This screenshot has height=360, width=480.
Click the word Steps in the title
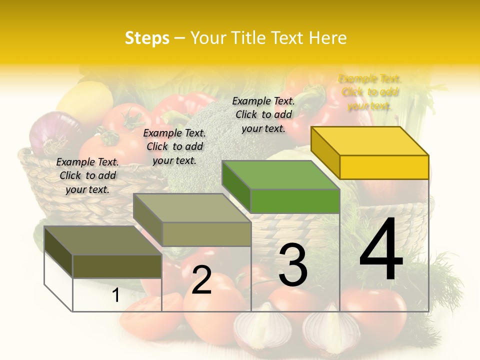[146, 38]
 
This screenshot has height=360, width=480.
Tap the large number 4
[381, 250]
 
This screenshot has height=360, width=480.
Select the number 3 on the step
[292, 265]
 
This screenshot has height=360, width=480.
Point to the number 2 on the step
[201, 280]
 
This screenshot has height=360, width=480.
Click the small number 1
[116, 295]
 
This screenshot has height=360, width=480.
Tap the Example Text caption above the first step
[87, 175]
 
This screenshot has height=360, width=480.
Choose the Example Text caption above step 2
[174, 146]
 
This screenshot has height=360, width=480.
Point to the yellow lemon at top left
[85, 100]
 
